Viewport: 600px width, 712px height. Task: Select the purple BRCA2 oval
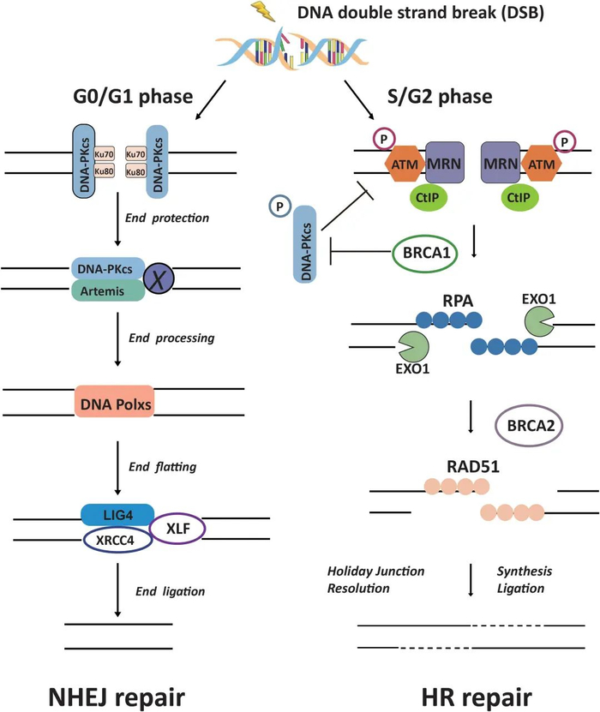pos(531,424)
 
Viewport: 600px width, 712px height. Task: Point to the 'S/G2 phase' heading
pos(443,96)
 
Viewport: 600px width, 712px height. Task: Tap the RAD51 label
pos(453,465)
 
